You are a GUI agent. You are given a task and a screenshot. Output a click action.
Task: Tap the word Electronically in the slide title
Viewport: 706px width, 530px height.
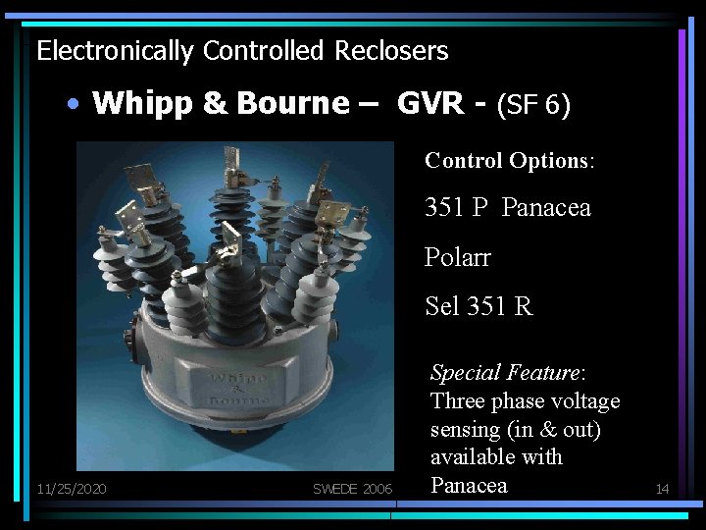pyautogui.click(x=114, y=51)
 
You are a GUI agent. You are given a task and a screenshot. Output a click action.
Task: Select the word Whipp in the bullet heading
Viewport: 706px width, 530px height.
pyautogui.click(x=136, y=103)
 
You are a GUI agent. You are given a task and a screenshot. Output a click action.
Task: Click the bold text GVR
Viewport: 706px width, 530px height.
pyautogui.click(x=430, y=103)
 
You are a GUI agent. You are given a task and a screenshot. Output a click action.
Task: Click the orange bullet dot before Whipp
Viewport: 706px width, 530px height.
pyautogui.click(x=75, y=104)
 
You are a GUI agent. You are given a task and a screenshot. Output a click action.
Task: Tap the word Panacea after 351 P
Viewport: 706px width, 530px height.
pyautogui.click(x=546, y=208)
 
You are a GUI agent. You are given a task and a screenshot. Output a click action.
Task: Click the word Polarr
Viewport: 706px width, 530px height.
pyautogui.click(x=458, y=257)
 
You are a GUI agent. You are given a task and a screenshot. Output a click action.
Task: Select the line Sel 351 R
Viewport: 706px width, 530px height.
pyautogui.click(x=479, y=306)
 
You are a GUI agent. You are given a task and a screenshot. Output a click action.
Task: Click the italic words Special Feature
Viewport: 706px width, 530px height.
pyautogui.click(x=507, y=373)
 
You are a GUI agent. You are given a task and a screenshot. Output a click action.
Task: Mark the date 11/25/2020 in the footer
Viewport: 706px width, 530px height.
pyautogui.click(x=72, y=489)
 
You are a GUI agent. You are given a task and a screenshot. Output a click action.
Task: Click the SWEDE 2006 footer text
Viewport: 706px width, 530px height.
pyautogui.click(x=352, y=489)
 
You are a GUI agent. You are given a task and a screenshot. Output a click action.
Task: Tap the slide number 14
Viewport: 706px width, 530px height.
pyautogui.click(x=662, y=489)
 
